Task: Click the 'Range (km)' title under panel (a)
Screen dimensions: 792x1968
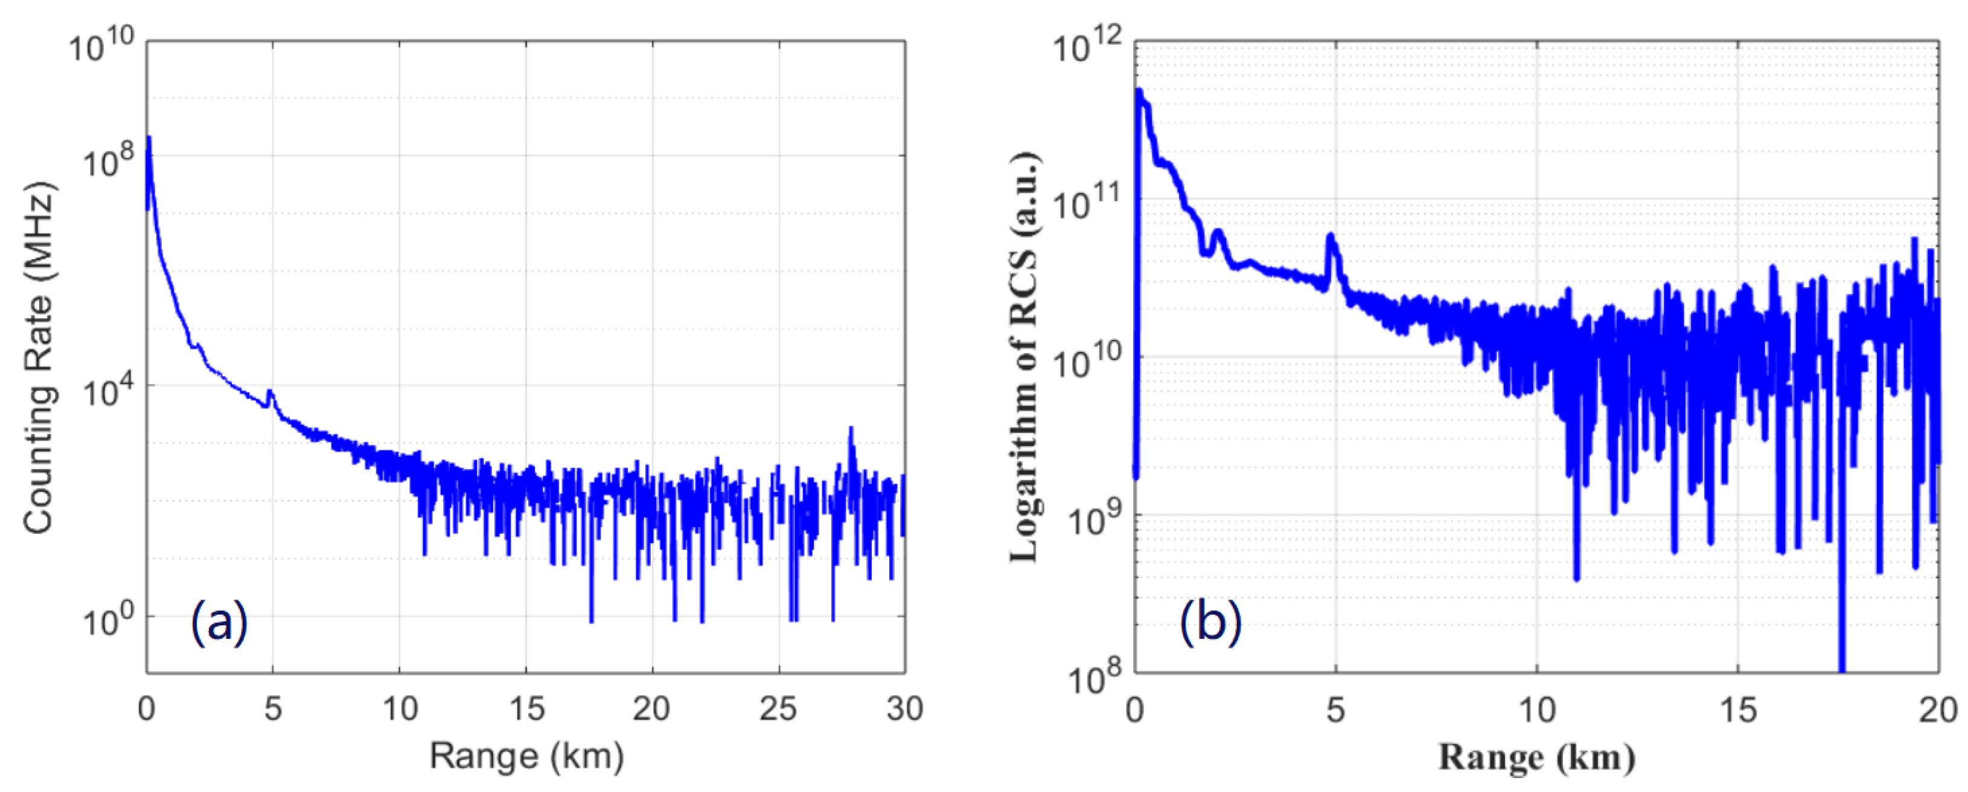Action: (526, 756)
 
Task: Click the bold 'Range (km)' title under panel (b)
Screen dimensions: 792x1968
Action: (1536, 758)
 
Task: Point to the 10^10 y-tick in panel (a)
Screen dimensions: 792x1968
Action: (101, 47)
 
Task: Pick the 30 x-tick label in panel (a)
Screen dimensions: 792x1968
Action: (904, 709)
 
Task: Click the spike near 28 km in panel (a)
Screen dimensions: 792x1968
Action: (851, 432)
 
